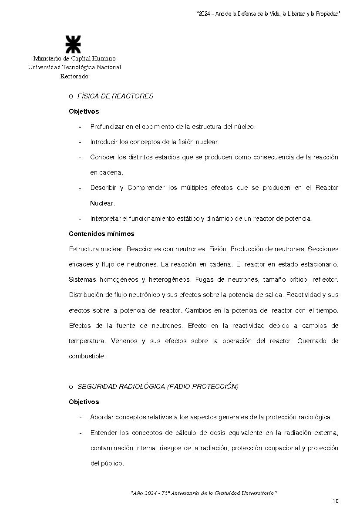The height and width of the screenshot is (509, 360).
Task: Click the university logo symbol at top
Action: click(x=73, y=45)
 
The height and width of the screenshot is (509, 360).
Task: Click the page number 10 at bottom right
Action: click(x=335, y=501)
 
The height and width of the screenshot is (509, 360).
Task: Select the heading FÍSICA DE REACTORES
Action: click(x=115, y=96)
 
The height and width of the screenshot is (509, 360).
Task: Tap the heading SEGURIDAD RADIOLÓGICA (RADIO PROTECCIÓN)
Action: click(x=158, y=387)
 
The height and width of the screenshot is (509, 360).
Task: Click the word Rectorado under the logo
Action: click(x=74, y=77)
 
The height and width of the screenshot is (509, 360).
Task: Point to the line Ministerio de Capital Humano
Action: click(x=74, y=58)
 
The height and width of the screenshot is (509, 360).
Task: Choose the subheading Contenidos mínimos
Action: click(x=101, y=234)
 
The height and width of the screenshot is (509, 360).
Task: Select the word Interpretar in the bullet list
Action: click(x=106, y=219)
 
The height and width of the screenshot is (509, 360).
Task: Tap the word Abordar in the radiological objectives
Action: click(x=101, y=417)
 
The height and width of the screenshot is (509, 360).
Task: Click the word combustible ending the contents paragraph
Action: click(x=87, y=356)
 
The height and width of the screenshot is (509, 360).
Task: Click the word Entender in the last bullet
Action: click(x=103, y=433)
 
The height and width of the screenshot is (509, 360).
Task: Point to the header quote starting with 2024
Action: click(x=268, y=14)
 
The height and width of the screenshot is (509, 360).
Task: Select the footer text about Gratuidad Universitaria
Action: click(x=204, y=493)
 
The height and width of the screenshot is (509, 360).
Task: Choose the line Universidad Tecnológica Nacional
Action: click(x=74, y=67)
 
